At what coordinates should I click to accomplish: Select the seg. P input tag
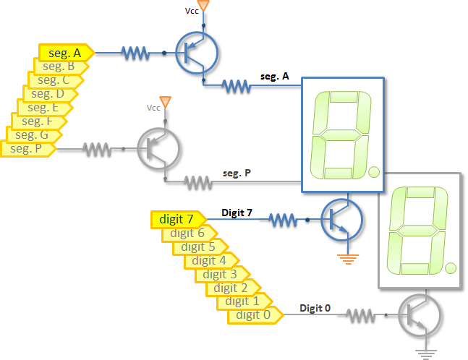[x=27, y=149]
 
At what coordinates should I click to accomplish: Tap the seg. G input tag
[x=33, y=135]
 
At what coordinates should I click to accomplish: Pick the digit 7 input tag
[x=176, y=218]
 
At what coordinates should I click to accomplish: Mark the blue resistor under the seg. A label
[x=236, y=86]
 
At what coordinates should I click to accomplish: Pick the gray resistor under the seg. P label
[x=197, y=182]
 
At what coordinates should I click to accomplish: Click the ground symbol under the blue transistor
[x=350, y=257]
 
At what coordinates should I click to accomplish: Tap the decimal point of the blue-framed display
[x=373, y=172]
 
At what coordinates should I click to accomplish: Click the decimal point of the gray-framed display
[x=451, y=269]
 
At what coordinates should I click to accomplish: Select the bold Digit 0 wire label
[x=316, y=308]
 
